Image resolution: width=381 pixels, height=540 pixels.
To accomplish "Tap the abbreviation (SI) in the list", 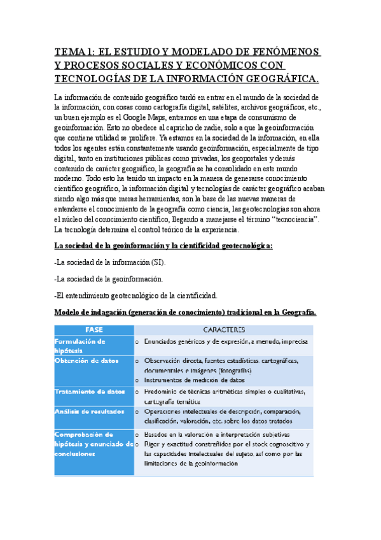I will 161,262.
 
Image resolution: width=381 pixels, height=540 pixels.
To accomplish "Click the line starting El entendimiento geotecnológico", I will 136,295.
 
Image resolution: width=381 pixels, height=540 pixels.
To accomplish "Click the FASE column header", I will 94,329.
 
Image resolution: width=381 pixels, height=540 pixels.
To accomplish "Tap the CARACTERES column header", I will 224,329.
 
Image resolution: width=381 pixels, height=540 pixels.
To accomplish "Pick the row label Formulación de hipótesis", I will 80,345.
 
